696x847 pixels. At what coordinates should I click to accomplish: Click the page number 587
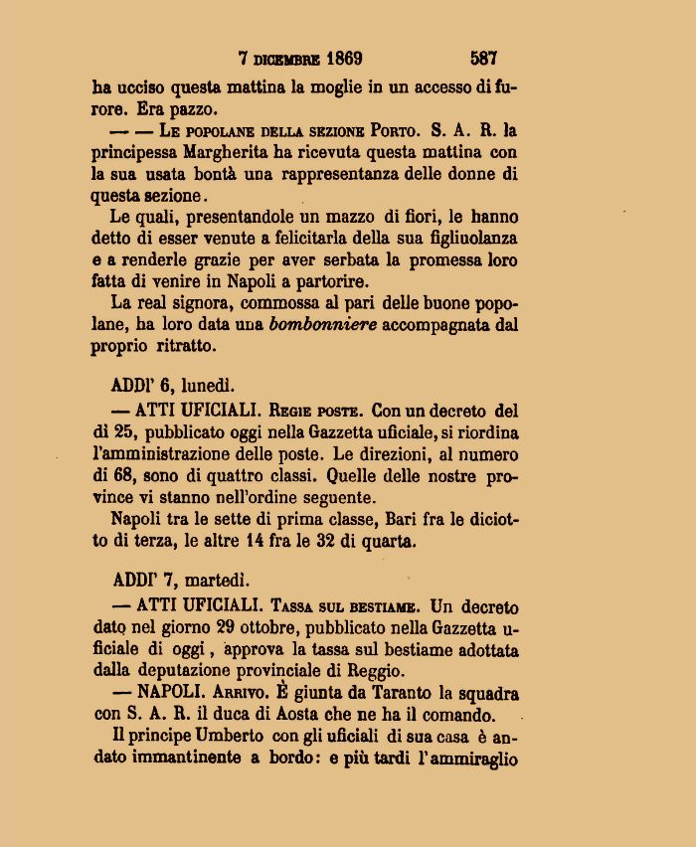(x=484, y=58)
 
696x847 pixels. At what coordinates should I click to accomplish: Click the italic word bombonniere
(x=323, y=325)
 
